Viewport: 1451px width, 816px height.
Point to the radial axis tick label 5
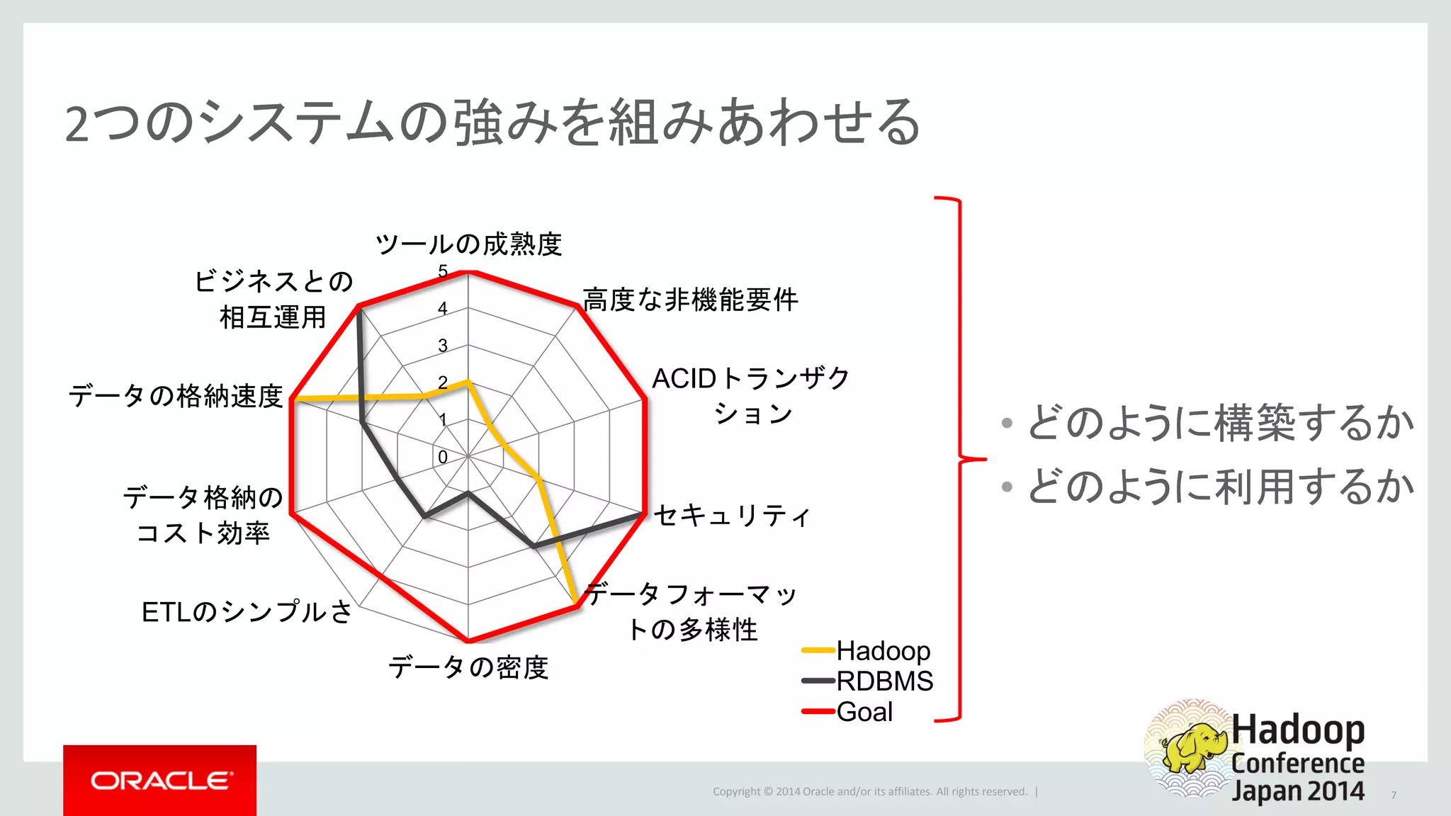coord(443,271)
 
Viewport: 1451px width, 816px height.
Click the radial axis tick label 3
coord(443,346)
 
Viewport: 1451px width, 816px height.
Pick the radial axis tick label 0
coord(443,458)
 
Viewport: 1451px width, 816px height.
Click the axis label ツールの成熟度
coord(468,244)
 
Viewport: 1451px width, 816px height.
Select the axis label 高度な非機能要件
coord(690,300)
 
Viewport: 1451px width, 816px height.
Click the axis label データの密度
coord(468,667)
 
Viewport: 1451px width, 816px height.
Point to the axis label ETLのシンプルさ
coord(247,612)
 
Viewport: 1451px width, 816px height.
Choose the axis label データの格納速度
coord(176,396)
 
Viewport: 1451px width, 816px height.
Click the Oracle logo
coord(160,781)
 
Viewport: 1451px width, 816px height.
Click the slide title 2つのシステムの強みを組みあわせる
coord(492,122)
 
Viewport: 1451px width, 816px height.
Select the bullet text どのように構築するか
coord(1220,423)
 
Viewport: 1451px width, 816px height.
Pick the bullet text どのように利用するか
coord(1220,487)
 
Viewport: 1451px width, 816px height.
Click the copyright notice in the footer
coord(870,791)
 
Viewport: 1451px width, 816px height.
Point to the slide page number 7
coord(1393,795)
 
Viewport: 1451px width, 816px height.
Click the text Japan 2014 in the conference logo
coord(1298,790)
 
